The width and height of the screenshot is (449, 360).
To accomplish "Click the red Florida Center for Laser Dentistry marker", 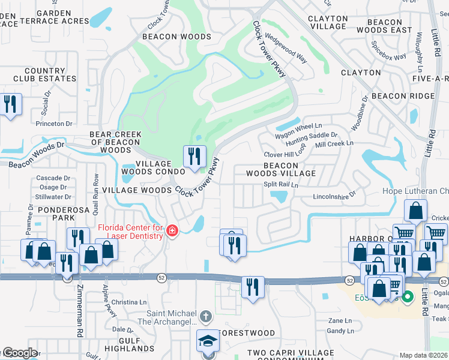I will (x=172, y=231).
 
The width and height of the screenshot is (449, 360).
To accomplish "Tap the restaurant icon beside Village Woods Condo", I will (x=194, y=158).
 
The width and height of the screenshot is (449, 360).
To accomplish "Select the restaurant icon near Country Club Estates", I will (x=10, y=105).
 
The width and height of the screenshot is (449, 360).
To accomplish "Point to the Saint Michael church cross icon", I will (x=205, y=316).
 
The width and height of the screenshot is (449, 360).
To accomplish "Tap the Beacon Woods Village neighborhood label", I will (x=281, y=169).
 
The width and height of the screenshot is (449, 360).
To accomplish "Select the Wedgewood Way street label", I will (x=286, y=48).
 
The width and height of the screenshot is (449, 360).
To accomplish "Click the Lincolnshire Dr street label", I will (x=334, y=196).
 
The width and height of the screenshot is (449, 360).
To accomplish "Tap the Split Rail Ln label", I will (x=280, y=185).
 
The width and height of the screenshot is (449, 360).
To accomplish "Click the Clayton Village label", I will (x=328, y=23).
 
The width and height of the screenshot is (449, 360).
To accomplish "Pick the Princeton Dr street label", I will (x=54, y=124).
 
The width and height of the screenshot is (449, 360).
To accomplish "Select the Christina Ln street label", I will (x=125, y=302).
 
